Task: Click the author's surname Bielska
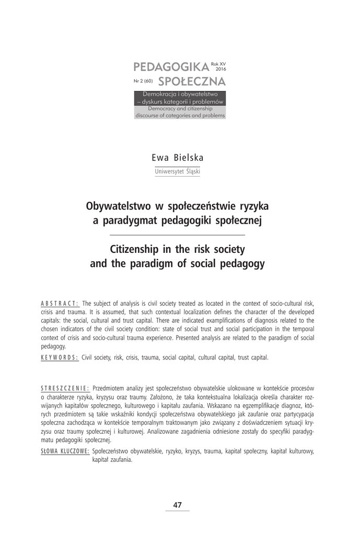click(190, 158)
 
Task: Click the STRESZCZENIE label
click(65, 389)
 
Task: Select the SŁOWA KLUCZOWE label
click(65, 451)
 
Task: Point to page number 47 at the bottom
click(178, 505)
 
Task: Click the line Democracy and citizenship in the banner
click(180, 109)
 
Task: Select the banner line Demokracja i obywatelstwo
click(180, 92)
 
